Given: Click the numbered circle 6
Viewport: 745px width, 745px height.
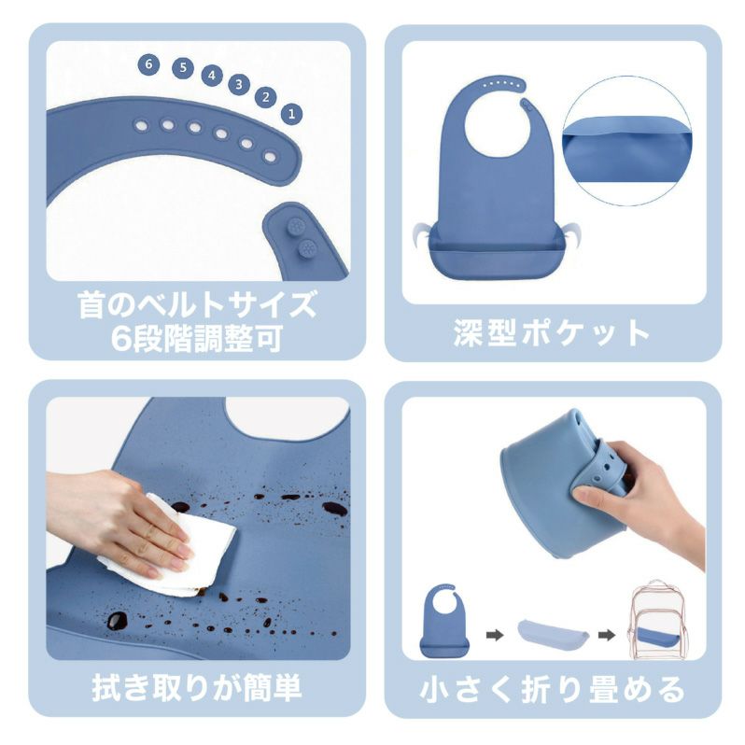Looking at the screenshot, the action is pyautogui.click(x=148, y=64).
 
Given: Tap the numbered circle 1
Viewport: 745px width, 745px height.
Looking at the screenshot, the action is pyautogui.click(x=291, y=114).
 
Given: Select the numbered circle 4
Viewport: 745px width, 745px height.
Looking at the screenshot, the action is pyautogui.click(x=212, y=75).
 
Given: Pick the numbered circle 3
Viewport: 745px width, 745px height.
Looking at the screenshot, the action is pyautogui.click(x=239, y=85).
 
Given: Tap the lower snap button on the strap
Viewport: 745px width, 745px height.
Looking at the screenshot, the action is pyautogui.click(x=307, y=247).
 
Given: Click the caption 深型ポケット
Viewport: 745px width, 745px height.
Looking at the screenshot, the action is pyautogui.click(x=551, y=332).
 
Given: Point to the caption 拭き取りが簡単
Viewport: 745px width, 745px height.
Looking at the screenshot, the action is pyautogui.click(x=197, y=688).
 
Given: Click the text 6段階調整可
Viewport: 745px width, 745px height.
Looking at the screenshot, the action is pyautogui.click(x=197, y=339).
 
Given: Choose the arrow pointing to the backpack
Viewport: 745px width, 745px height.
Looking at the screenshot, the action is pyautogui.click(x=606, y=634).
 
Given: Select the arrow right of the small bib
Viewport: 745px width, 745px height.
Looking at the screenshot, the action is pyautogui.click(x=495, y=635).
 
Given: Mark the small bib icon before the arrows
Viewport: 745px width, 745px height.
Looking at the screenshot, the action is pyautogui.click(x=443, y=621).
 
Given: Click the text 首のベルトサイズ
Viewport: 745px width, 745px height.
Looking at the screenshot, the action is pyautogui.click(x=197, y=304).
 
